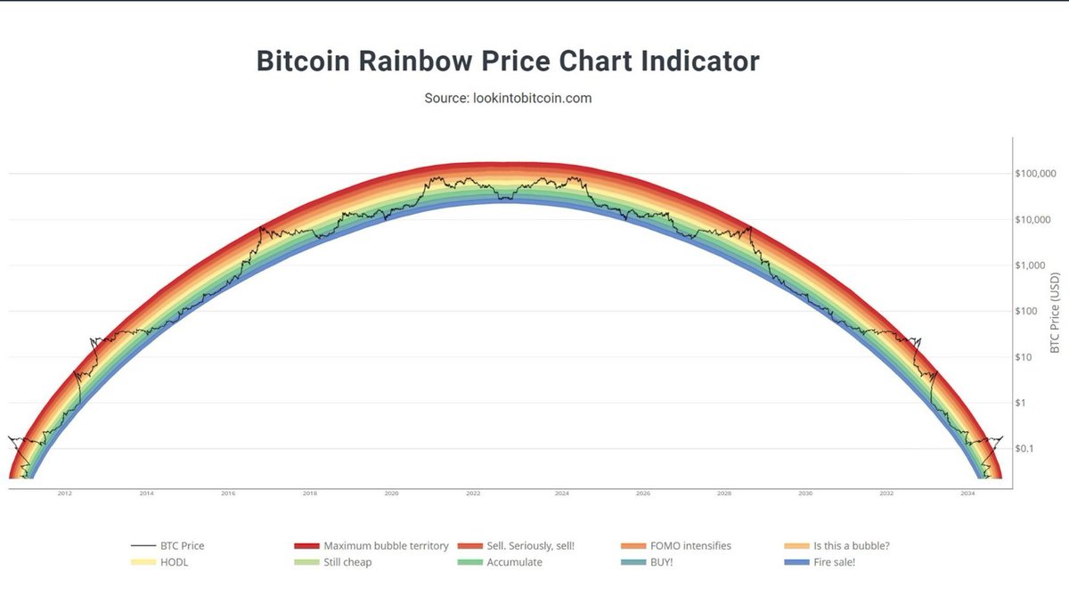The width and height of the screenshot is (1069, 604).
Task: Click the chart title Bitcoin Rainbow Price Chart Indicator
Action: [x=508, y=61]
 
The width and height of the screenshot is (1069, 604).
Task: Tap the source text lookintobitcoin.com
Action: [x=508, y=98]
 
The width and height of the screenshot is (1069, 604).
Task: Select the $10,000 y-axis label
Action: [x=1035, y=219]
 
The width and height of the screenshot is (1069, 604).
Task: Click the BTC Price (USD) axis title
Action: [x=1057, y=312]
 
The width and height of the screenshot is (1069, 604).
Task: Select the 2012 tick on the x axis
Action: [x=64, y=493]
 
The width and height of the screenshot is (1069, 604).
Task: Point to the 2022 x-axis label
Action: [x=473, y=493]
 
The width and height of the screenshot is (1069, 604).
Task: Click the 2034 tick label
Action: [x=968, y=493]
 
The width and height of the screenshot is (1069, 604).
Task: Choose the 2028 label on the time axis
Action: [x=723, y=493]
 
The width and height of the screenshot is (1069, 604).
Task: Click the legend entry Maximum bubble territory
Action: [x=386, y=545]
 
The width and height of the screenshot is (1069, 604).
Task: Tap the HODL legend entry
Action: [x=175, y=562]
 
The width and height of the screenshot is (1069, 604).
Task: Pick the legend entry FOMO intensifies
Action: [x=698, y=545]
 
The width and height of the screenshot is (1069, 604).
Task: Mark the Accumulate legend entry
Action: [x=514, y=562]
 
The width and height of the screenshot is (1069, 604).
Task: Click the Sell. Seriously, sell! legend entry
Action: [x=531, y=545]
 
